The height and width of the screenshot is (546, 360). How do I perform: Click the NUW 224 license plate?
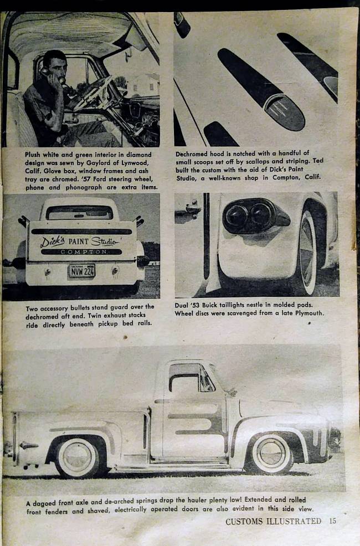[82, 270]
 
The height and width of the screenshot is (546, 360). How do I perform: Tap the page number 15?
[332, 521]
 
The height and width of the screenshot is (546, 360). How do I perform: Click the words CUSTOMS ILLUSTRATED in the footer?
[273, 521]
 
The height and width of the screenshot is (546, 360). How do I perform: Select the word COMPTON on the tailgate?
[81, 252]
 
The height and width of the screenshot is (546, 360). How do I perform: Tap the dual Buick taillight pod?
[253, 215]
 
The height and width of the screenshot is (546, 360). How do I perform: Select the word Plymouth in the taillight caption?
[307, 313]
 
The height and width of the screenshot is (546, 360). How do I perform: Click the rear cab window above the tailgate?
[80, 212]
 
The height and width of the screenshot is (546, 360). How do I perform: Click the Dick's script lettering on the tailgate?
[52, 241]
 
